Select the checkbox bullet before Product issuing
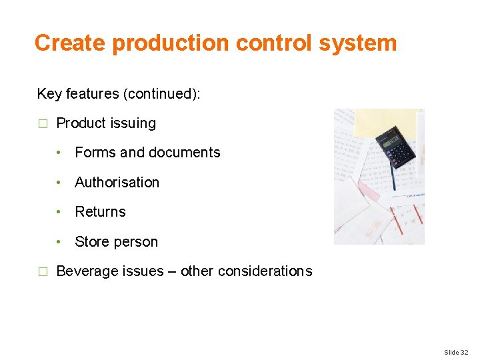[x=43, y=124]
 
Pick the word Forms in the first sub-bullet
[x=95, y=153]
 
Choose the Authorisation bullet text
[x=117, y=183]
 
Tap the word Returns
[x=100, y=212]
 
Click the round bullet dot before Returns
[x=59, y=212]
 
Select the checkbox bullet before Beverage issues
[x=43, y=272]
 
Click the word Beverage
[x=85, y=271]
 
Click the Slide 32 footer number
[x=456, y=352]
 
